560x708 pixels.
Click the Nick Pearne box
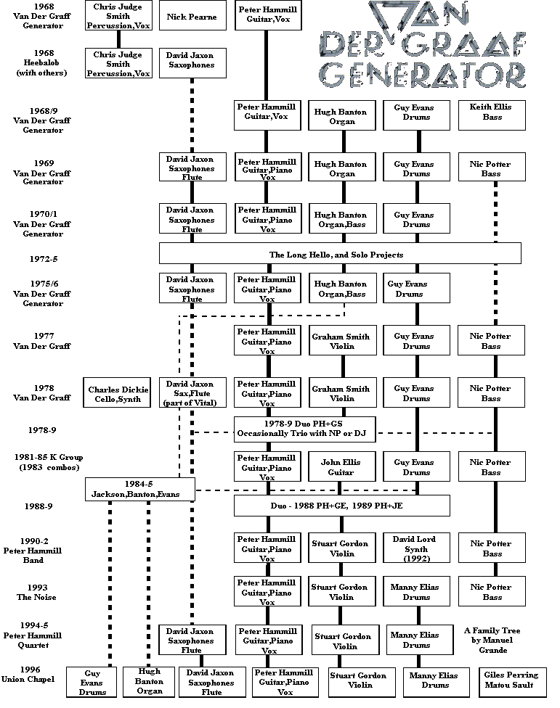192,16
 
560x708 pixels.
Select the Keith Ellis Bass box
492,115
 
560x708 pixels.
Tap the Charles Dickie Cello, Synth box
117,392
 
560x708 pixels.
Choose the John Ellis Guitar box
342,466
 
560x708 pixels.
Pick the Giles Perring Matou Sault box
513,683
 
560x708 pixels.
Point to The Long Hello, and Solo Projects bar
340,253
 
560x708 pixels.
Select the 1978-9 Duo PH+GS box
304,429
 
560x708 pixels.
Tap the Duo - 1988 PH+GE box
341,506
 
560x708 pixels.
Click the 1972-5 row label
44,259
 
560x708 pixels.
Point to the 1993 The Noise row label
36,592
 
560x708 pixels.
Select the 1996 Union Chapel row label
28,674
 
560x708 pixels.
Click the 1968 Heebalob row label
42,63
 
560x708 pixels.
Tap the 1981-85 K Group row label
49,462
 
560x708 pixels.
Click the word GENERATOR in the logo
422,75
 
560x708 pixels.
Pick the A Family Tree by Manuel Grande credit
492,640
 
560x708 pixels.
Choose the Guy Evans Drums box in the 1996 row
92,682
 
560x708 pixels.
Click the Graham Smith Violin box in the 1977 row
342,340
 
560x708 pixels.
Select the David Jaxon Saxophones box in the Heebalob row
192,63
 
